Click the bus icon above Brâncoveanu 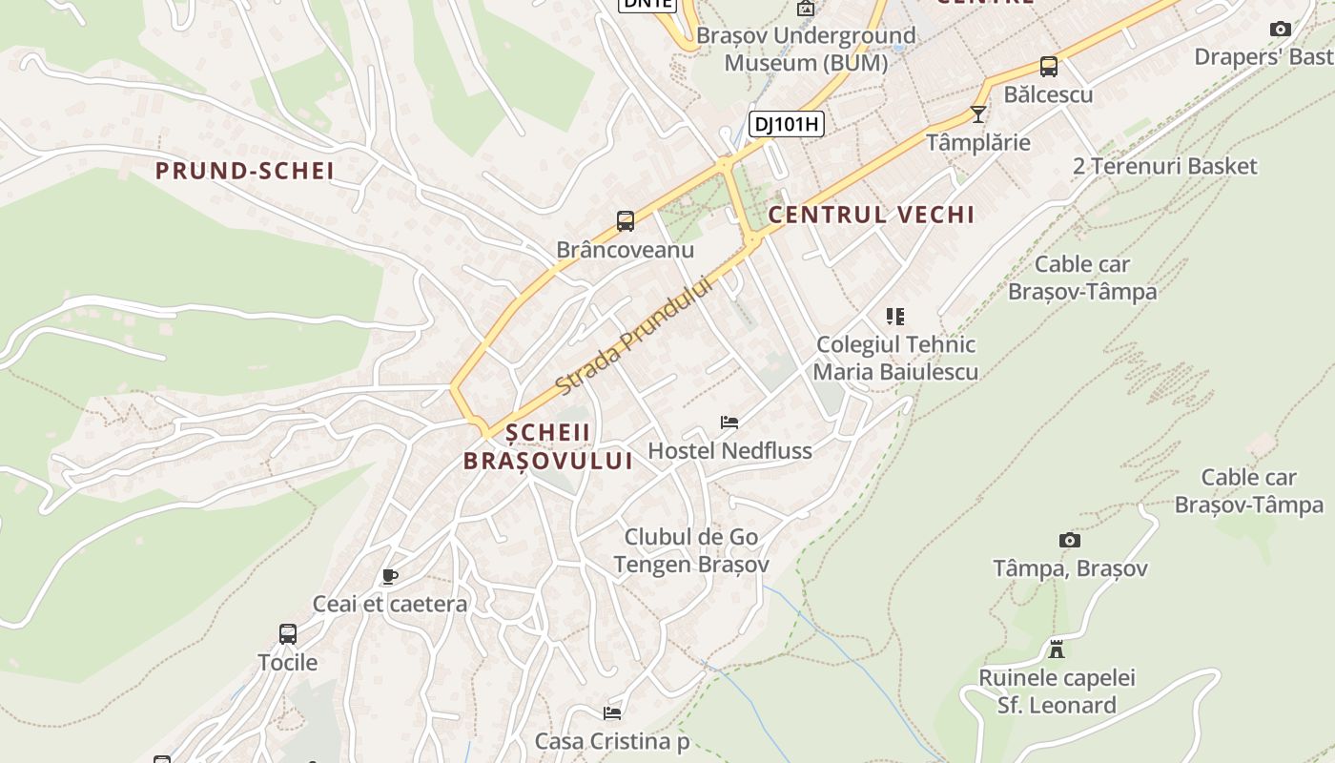coord(626,221)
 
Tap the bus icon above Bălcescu coord(1049,67)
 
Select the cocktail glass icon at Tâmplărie coord(978,114)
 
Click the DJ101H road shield coord(787,123)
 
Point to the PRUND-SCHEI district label coord(245,172)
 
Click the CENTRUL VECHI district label coord(872,215)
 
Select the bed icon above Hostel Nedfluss coord(729,423)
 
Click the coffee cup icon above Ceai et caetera coord(389,576)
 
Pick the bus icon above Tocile coord(288,633)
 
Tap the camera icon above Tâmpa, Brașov coord(1070,541)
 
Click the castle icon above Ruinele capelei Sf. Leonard coord(1057,650)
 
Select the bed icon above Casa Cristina coord(612,712)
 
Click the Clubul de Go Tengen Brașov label coord(691,550)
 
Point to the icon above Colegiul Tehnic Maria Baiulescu coord(894,316)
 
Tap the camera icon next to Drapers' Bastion coord(1281,30)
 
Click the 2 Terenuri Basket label coord(1165,166)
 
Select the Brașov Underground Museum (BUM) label coord(806,50)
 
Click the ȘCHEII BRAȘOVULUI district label coord(548,446)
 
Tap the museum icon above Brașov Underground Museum coord(806,9)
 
